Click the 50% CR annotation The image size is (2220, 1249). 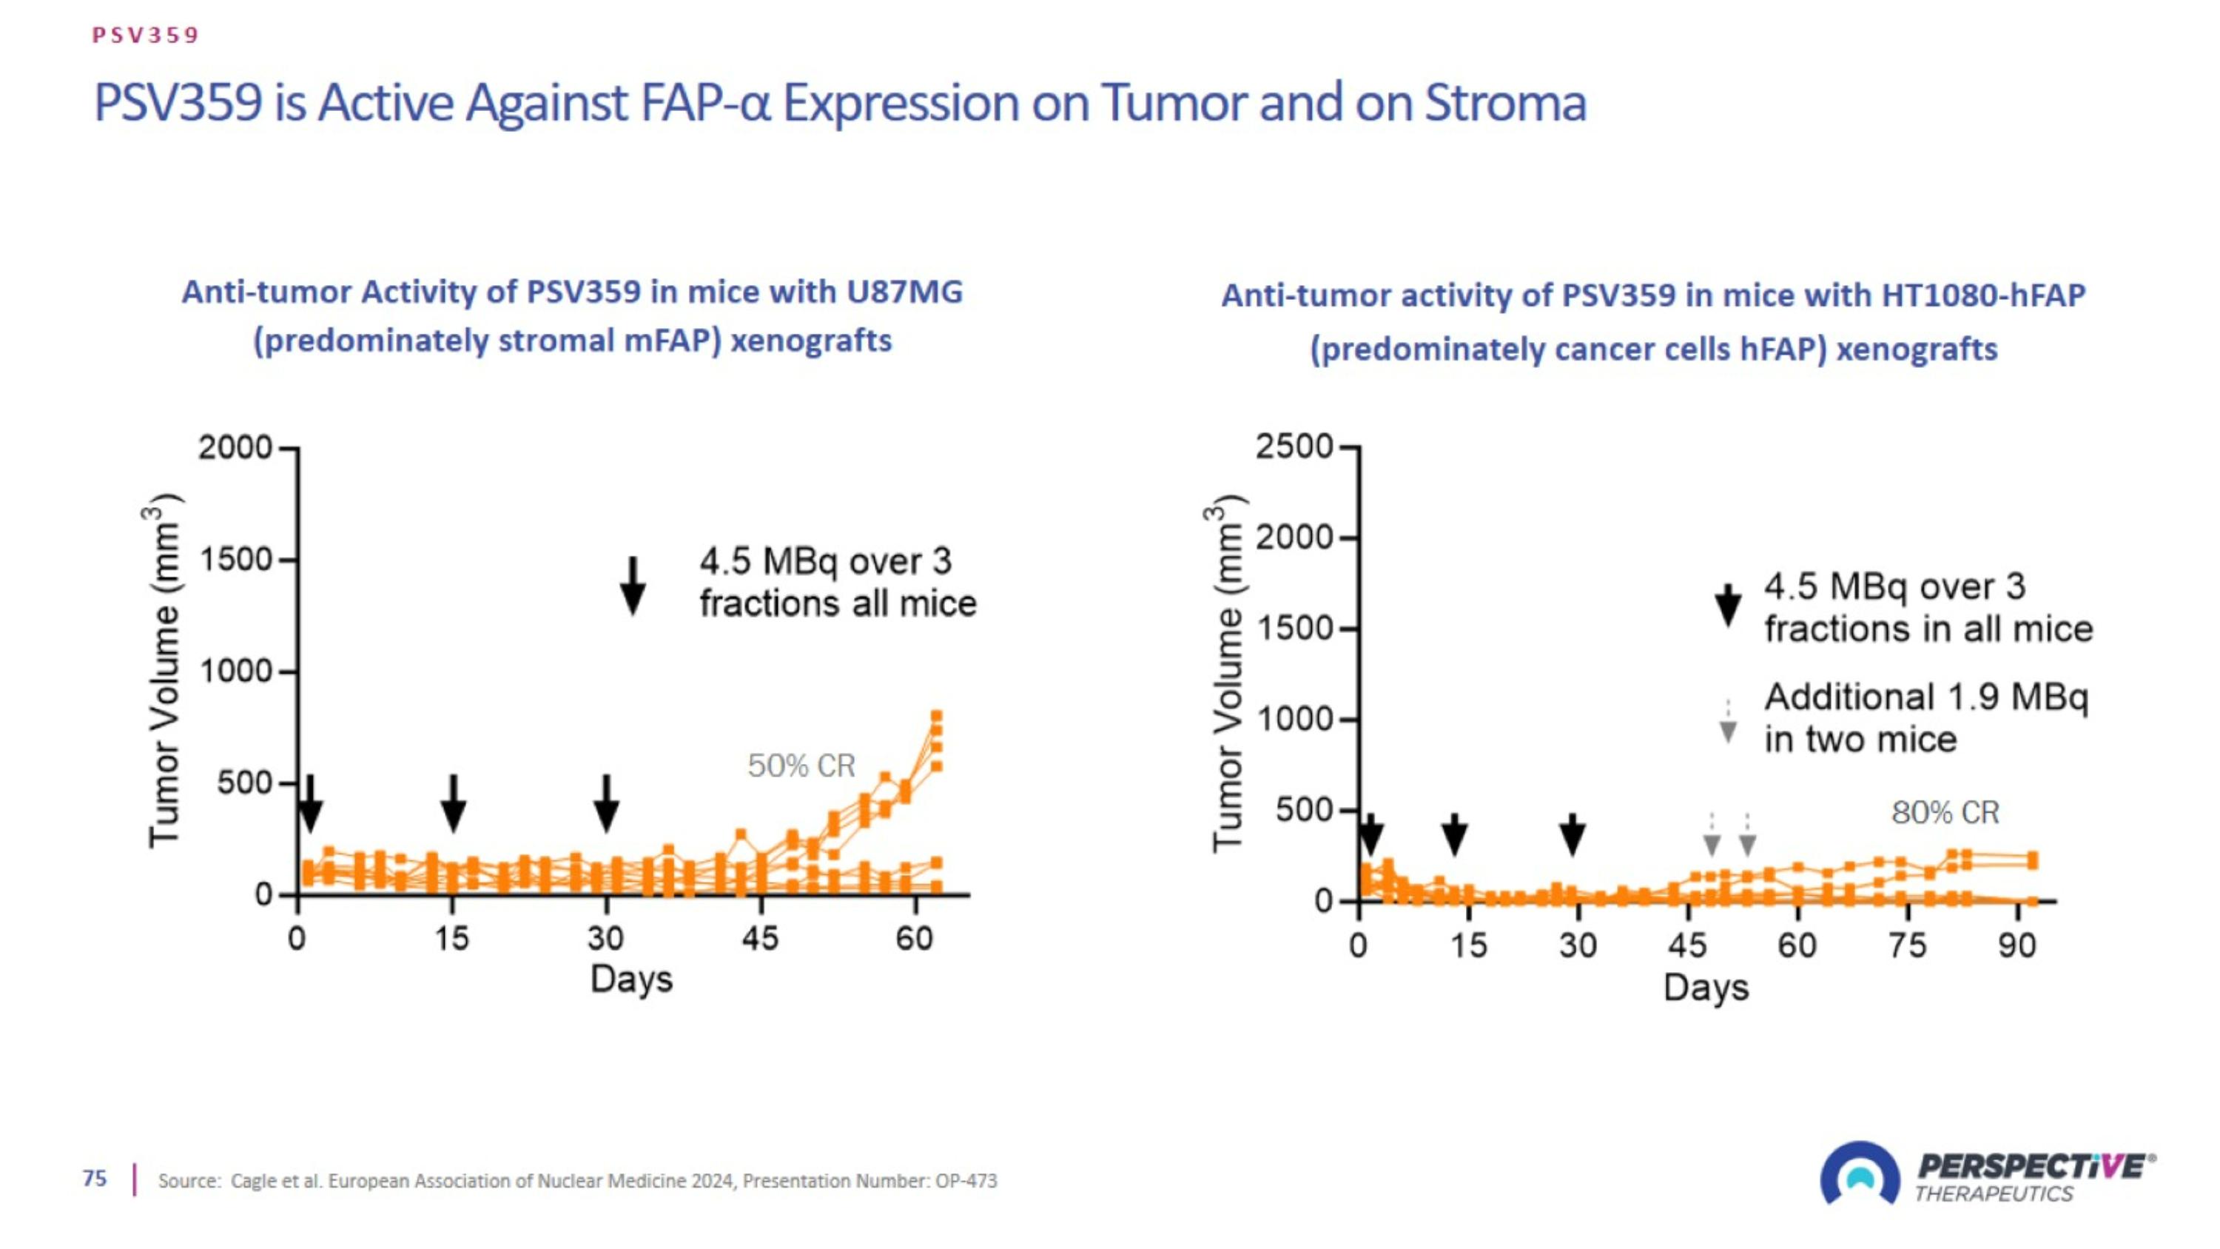pyautogui.click(x=801, y=766)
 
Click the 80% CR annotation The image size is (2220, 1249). pyautogui.click(x=1945, y=812)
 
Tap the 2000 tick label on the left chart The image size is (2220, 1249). pyautogui.click(x=235, y=448)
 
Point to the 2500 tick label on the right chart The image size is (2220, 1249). pyautogui.click(x=1294, y=447)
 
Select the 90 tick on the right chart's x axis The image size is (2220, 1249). pyautogui.click(x=2017, y=945)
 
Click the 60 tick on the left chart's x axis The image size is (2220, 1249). pyautogui.click(x=915, y=938)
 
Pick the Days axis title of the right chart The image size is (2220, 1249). pyautogui.click(x=1706, y=988)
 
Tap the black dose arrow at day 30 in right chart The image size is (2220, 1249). pyautogui.click(x=1572, y=834)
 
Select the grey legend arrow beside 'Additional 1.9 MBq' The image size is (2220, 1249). pyautogui.click(x=1728, y=720)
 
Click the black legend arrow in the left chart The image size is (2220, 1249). pyautogui.click(x=633, y=586)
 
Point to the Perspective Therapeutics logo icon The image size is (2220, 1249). pyautogui.click(x=1860, y=1175)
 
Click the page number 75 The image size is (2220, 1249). pyautogui.click(x=95, y=1179)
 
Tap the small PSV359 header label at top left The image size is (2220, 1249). pyautogui.click(x=146, y=36)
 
